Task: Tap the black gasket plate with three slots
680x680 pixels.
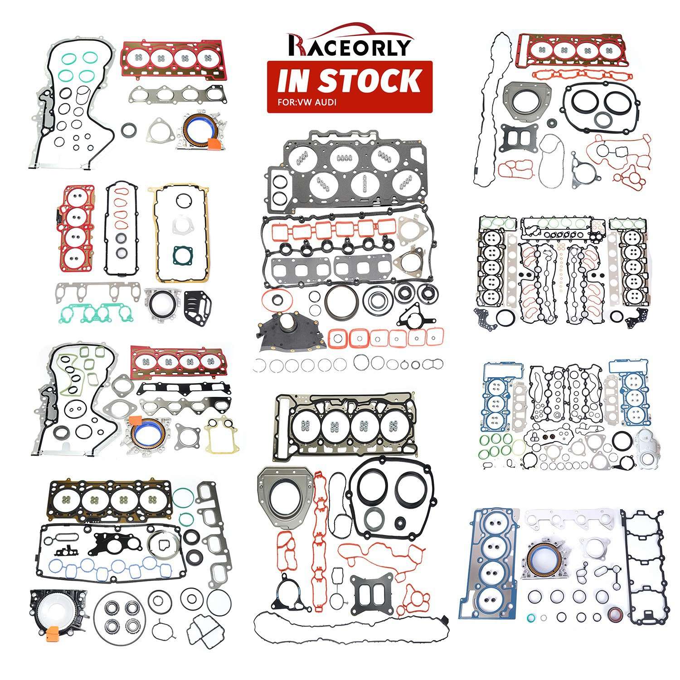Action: point(195,303)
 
